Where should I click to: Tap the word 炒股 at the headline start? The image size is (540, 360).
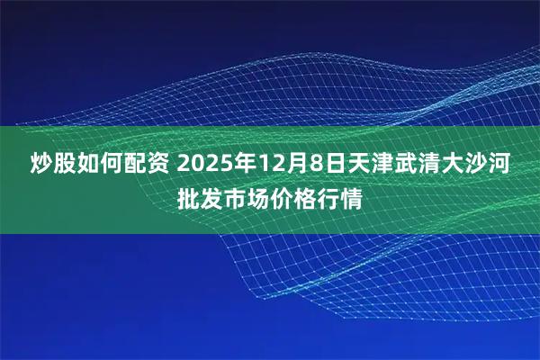40,165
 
